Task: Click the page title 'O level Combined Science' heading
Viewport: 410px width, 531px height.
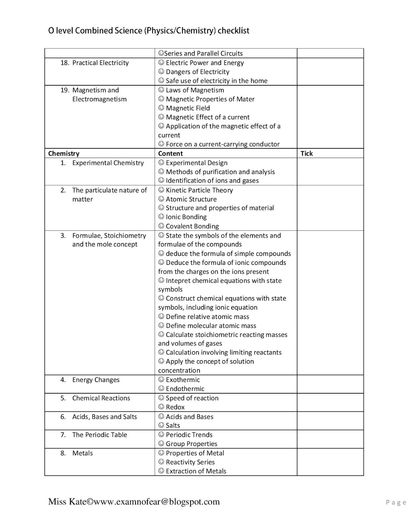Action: [149, 31]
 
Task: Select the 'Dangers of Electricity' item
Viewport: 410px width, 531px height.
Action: [197, 72]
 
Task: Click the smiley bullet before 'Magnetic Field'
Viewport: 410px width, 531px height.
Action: [161, 108]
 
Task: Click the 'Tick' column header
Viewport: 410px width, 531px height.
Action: [307, 153]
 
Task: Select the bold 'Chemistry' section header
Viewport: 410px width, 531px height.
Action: [64, 153]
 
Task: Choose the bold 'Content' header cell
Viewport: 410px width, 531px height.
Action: [170, 153]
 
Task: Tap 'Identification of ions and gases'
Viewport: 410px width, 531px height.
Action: [212, 181]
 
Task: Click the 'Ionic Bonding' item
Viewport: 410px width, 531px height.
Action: [186, 217]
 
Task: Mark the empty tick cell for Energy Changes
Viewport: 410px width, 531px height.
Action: [330, 384]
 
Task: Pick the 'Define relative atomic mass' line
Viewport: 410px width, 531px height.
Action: [207, 317]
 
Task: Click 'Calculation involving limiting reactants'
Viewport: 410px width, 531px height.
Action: [223, 352]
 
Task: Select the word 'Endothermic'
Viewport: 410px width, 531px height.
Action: [185, 389]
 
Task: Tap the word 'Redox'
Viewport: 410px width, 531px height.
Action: [175, 407]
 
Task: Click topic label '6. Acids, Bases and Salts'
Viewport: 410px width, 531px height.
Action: [104, 417]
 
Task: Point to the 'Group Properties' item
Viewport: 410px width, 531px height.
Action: [191, 444]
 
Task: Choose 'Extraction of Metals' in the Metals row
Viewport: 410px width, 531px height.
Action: [196, 471]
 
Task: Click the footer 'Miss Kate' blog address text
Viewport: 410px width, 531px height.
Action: [134, 501]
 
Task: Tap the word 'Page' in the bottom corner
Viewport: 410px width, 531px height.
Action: [396, 502]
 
